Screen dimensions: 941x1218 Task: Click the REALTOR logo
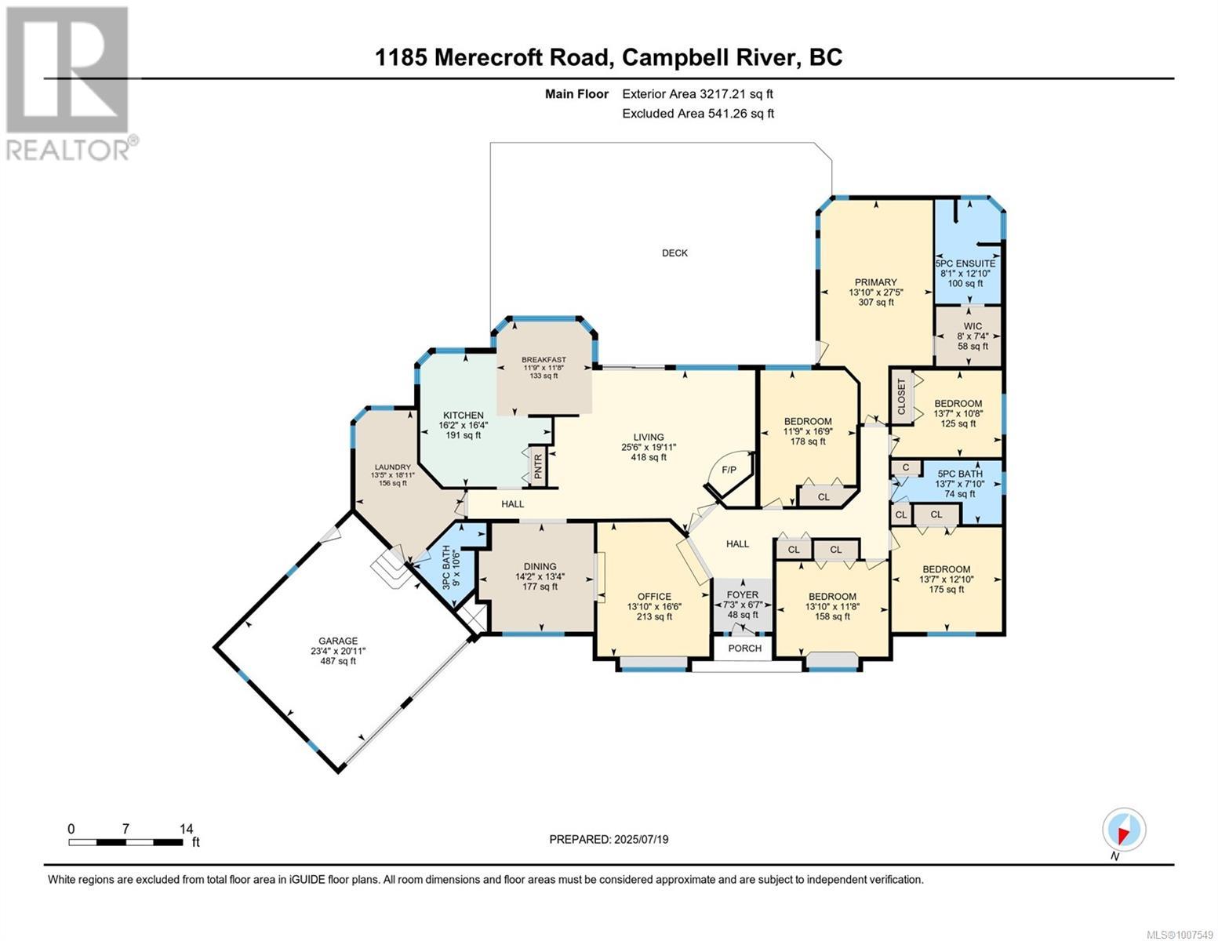point(69,82)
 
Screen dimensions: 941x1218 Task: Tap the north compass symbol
point(1124,830)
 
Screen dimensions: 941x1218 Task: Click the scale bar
point(125,842)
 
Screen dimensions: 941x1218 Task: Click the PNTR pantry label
point(538,467)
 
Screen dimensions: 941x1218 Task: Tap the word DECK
point(674,253)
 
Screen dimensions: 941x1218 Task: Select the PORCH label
point(744,648)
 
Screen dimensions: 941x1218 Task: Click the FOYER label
point(742,594)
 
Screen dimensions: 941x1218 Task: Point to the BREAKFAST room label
point(544,360)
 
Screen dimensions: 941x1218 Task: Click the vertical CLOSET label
point(900,397)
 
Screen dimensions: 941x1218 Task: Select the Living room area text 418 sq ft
point(649,457)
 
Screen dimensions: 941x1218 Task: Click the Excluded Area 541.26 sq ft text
point(698,113)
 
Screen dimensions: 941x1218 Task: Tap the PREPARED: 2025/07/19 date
point(609,839)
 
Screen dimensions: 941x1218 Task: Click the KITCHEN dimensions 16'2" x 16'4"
point(463,425)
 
